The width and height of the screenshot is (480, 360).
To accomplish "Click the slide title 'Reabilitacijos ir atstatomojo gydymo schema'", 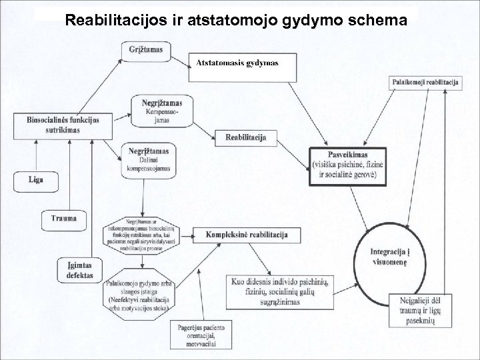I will coord(236,21).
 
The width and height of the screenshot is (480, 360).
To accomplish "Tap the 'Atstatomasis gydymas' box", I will coord(237,63).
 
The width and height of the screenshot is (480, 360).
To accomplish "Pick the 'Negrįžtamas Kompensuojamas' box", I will coord(162,111).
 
